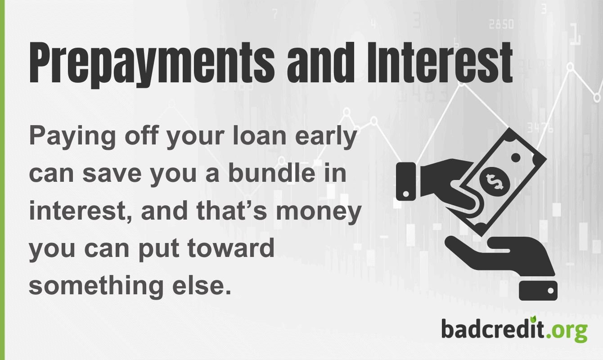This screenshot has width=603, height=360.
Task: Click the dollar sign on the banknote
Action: [x=494, y=180]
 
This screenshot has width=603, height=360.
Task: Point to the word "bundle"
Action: [x=268, y=174]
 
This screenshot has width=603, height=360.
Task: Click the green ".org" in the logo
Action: [x=567, y=330]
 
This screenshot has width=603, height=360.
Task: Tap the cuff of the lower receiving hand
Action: [x=538, y=291]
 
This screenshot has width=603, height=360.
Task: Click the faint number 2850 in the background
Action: [x=501, y=24]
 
